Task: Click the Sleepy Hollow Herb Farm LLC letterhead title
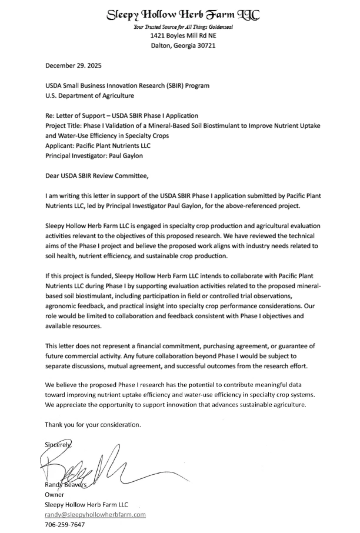click(x=182, y=15)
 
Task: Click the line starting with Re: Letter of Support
click(x=122, y=115)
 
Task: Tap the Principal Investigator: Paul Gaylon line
click(x=94, y=155)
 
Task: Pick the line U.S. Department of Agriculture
click(x=89, y=95)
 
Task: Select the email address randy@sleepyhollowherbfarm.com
click(x=95, y=515)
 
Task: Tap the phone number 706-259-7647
click(x=65, y=525)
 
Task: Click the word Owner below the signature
click(x=55, y=495)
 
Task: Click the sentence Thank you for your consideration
click(x=94, y=425)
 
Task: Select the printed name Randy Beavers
click(x=65, y=485)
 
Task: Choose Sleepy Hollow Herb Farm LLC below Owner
click(x=86, y=505)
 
